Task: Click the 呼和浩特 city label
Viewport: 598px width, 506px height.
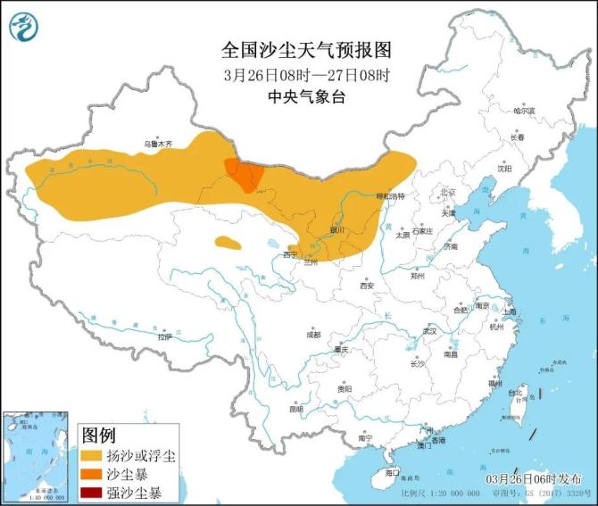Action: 389,195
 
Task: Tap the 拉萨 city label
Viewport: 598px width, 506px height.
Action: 163,337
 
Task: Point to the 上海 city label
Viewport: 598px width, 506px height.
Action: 510,311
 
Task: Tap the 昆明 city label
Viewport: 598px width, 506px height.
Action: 295,409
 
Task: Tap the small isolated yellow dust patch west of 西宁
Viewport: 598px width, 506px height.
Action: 227,242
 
